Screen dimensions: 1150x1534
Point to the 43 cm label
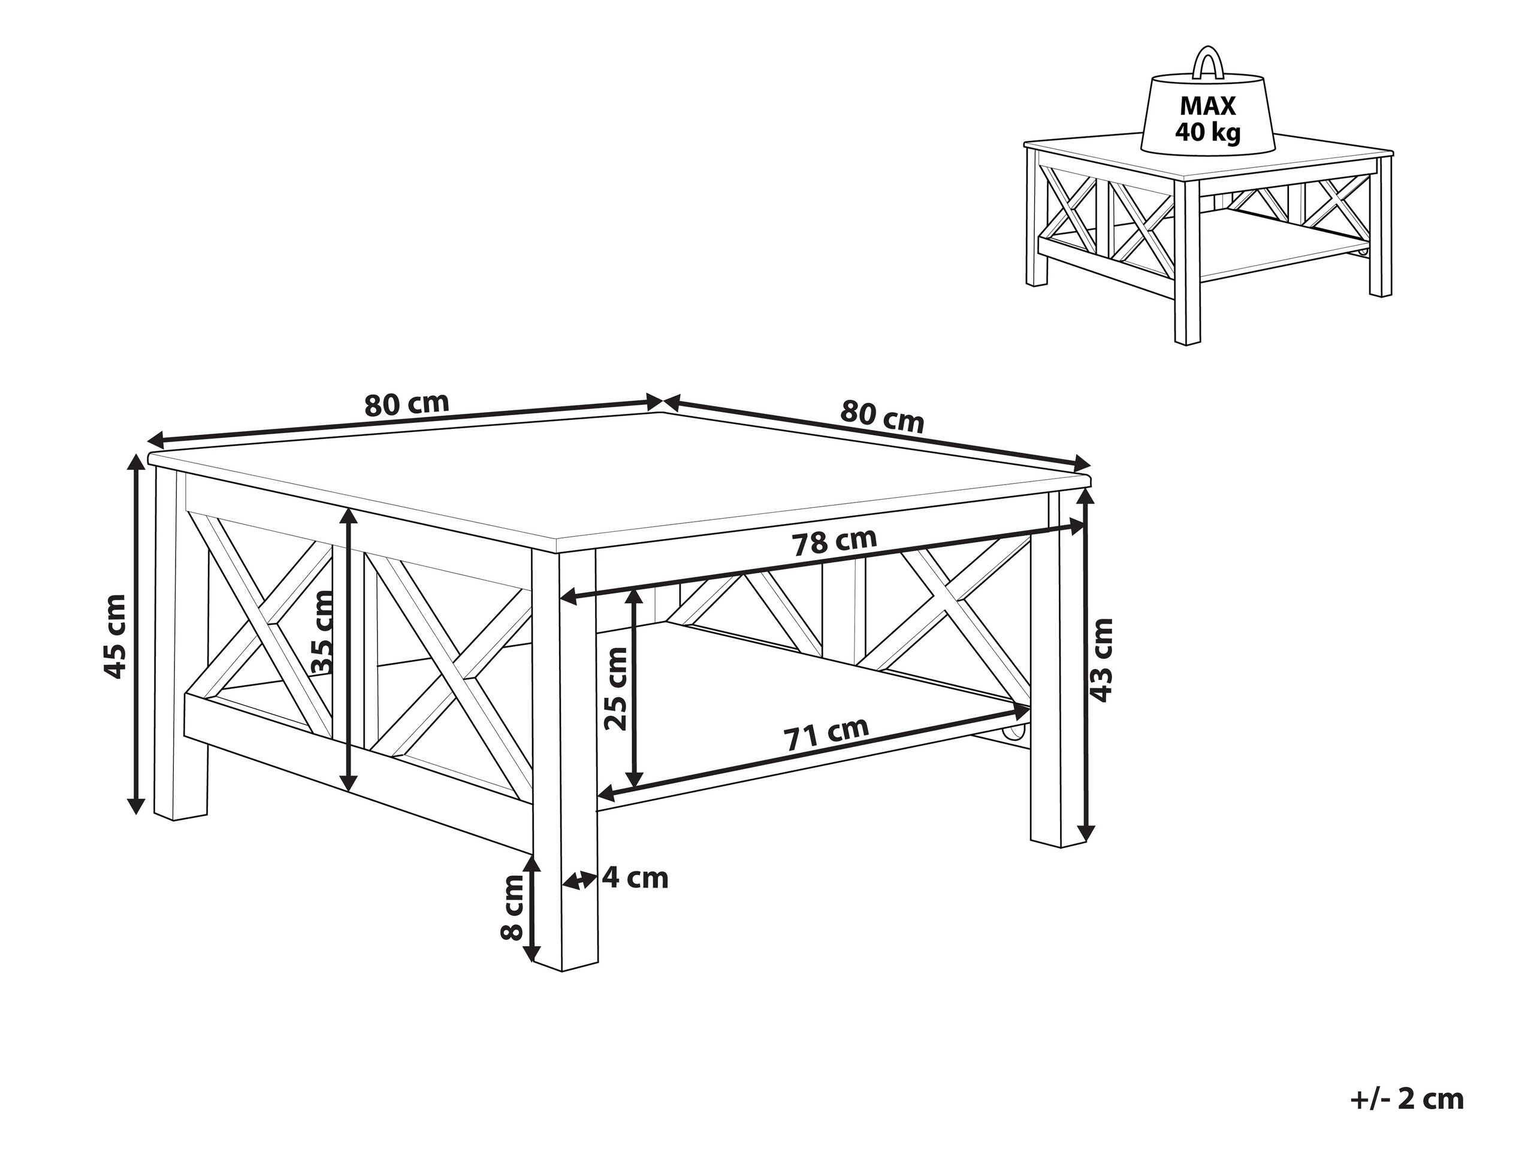(1101, 659)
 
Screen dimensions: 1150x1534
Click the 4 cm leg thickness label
(635, 878)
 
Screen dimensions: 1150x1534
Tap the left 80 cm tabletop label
(406, 404)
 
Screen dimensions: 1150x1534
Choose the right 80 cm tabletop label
(882, 417)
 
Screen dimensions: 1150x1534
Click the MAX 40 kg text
(1207, 119)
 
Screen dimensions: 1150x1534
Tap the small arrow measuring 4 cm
(579, 881)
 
